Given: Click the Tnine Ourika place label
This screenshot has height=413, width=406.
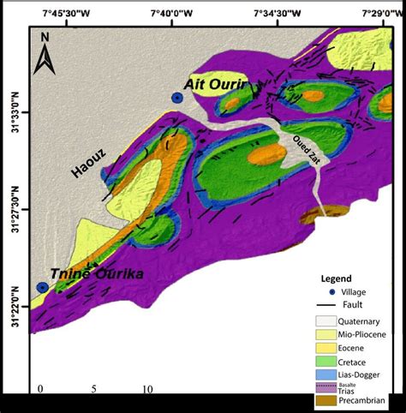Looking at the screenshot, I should click(96, 273).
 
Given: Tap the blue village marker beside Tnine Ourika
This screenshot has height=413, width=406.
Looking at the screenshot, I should click(42, 287).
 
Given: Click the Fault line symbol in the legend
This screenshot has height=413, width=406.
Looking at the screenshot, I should click(321, 305).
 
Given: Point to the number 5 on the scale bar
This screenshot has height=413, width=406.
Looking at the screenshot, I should click(93, 388).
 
